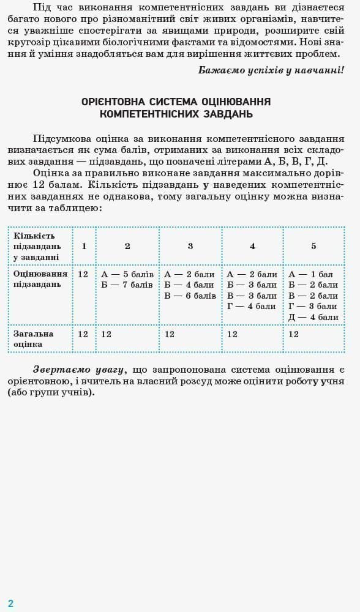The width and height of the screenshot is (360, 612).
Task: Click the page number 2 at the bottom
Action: (x=10, y=603)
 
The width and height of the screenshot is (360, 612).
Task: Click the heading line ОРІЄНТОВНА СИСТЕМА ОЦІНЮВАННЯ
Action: (x=176, y=102)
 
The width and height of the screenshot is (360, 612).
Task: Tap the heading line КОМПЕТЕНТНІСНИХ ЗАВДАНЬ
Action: (x=176, y=114)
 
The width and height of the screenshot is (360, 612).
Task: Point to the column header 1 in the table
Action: (x=84, y=246)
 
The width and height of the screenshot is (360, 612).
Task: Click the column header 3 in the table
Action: (x=190, y=246)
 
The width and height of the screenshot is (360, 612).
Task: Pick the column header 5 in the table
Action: (x=313, y=246)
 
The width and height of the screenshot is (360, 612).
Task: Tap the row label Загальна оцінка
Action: (x=34, y=338)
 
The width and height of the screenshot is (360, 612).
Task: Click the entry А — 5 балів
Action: (x=127, y=274)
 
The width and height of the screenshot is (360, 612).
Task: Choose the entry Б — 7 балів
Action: (x=127, y=285)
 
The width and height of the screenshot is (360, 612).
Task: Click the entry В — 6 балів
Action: (x=190, y=296)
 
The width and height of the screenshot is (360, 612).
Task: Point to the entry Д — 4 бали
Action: (x=313, y=317)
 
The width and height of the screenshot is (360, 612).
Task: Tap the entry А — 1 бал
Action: (x=311, y=274)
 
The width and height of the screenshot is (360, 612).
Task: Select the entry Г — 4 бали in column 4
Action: (x=252, y=306)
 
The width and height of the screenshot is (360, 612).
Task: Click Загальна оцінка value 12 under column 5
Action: (x=294, y=334)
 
